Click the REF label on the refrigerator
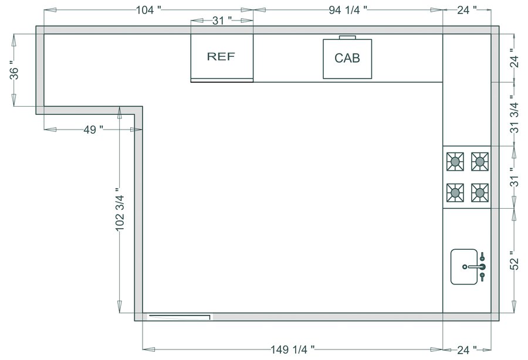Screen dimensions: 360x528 pyautogui.click(x=221, y=57)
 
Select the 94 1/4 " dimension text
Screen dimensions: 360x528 pyautogui.click(x=348, y=9)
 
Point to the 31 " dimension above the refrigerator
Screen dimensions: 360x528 pyautogui.click(x=222, y=21)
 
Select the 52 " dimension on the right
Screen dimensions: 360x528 pyautogui.click(x=514, y=260)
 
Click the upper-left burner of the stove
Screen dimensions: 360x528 pyautogui.click(x=455, y=161)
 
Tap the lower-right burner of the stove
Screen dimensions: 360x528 pyautogui.click(x=480, y=191)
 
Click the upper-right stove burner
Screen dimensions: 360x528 pyautogui.click(x=480, y=161)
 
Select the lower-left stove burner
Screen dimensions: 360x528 pyautogui.click(x=455, y=191)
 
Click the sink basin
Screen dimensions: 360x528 pyautogui.click(x=463, y=267)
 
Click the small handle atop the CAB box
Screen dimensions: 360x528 pyautogui.click(x=347, y=37)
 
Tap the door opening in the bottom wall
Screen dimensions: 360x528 pyautogui.click(x=179, y=317)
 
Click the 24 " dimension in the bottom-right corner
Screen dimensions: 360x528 pyautogui.click(x=466, y=349)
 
